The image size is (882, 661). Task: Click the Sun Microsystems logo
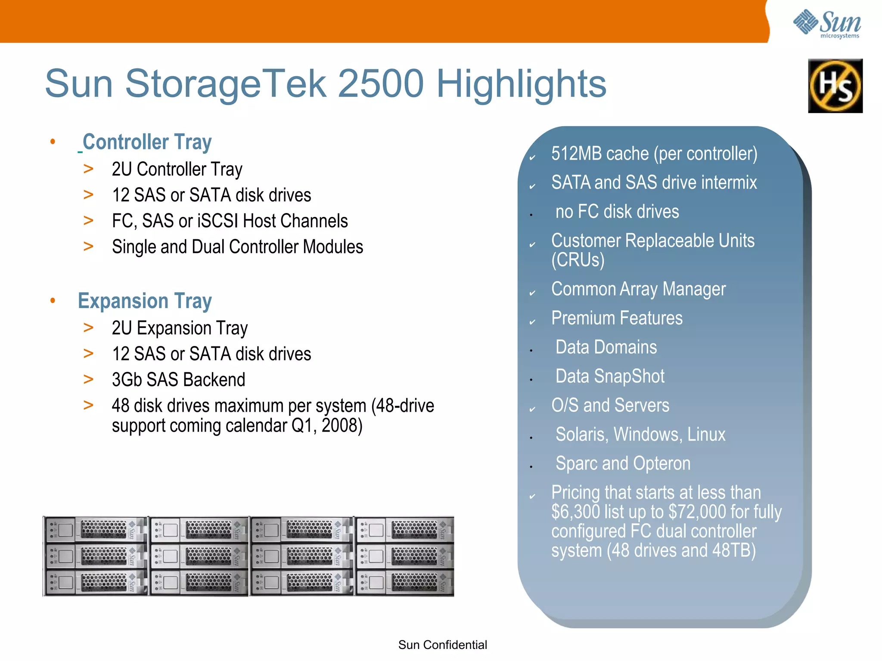827,24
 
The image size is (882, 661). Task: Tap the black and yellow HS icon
835,86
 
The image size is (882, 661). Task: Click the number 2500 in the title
381,83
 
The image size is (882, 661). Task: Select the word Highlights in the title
521,84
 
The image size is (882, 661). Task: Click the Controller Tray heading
147,142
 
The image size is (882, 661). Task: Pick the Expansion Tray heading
145,301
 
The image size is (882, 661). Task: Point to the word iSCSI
217,221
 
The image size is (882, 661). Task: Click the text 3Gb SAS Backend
178,380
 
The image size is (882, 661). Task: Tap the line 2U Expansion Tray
180,328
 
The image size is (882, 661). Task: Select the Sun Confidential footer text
442,645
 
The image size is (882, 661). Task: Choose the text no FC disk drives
617,212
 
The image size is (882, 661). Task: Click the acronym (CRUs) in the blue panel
578,260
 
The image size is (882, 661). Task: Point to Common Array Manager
638,289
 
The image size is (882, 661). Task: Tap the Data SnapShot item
610,377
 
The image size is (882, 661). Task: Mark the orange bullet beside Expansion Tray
53,300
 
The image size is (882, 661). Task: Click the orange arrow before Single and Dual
88,247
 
